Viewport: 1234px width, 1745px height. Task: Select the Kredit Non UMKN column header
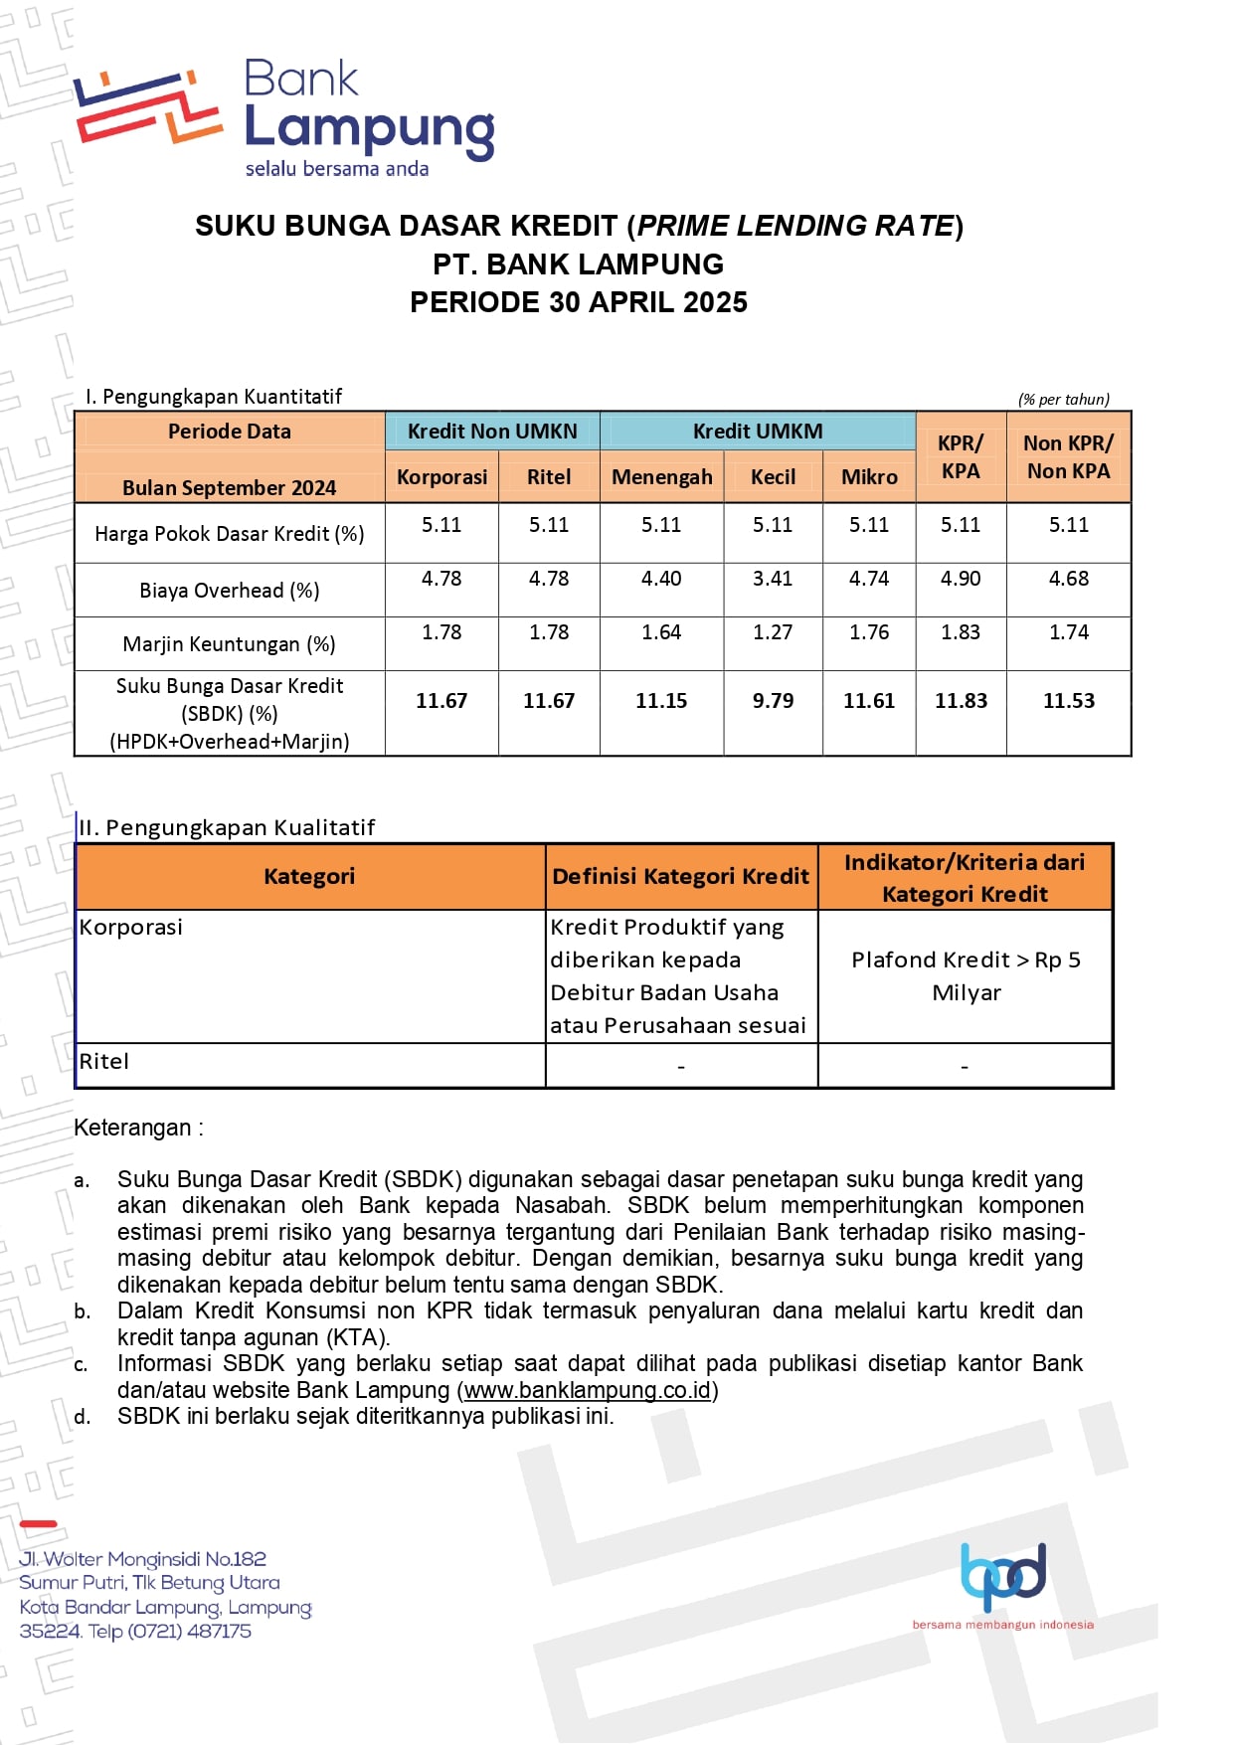[492, 432]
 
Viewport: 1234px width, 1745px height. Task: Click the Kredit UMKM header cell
[758, 432]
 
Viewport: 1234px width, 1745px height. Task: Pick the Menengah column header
[661, 477]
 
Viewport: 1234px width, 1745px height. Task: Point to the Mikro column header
[869, 477]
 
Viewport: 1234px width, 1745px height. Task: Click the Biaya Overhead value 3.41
[773, 579]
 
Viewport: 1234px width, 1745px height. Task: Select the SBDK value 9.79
[773, 701]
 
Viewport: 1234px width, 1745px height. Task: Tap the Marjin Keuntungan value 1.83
[961, 632]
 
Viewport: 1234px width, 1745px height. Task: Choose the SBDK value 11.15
[661, 701]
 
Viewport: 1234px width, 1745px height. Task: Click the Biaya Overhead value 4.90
[961, 579]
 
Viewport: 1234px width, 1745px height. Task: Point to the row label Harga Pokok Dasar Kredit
[230, 534]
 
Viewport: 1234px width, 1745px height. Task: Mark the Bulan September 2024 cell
[230, 488]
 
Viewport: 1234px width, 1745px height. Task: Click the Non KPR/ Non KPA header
[1068, 457]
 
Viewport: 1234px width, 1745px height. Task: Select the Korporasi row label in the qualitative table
[131, 928]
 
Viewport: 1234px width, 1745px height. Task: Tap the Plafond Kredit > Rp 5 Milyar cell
[966, 975]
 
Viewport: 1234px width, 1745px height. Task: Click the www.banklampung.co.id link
[588, 1390]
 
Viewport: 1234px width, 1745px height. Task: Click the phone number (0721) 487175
[189, 1631]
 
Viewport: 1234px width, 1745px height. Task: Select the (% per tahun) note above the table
[1063, 400]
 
